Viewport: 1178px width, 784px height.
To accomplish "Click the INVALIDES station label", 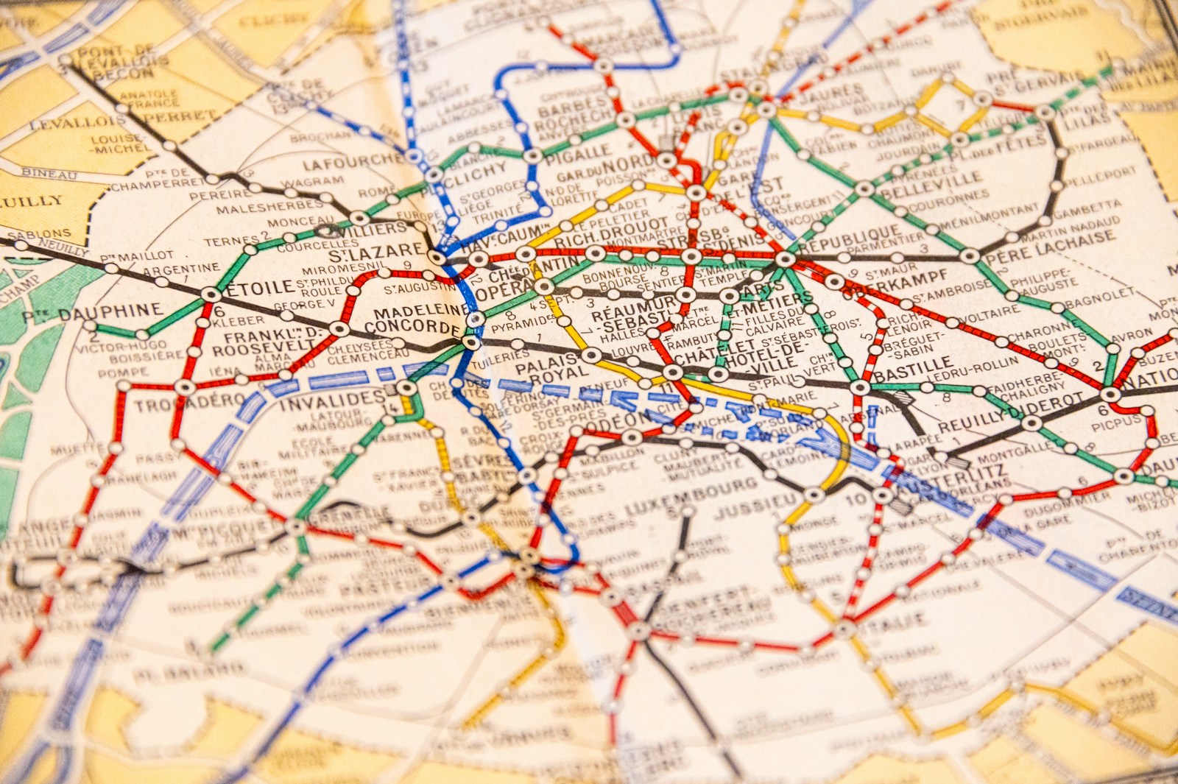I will [331, 401].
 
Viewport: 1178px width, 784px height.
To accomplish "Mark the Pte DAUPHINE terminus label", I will [92, 313].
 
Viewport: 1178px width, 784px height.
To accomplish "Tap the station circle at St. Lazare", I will [438, 258].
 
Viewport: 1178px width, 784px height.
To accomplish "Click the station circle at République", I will [786, 258].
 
